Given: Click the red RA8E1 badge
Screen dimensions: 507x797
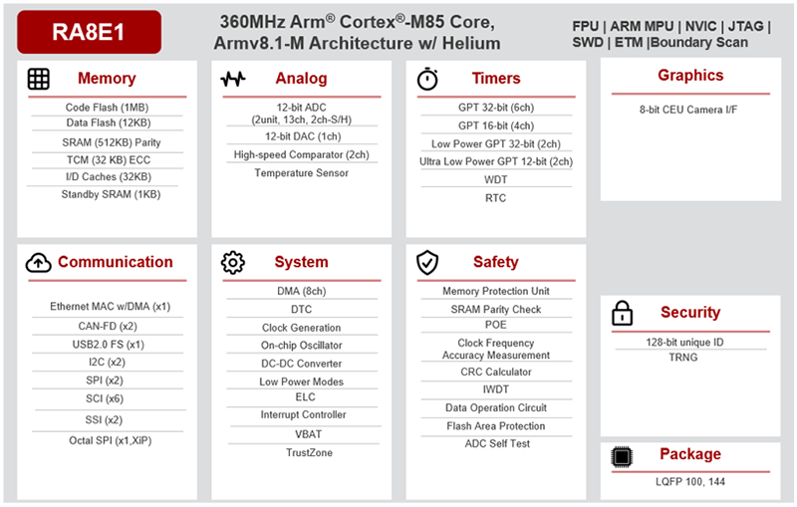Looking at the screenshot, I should [x=89, y=32].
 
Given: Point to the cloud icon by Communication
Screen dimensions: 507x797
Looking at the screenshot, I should [x=38, y=262].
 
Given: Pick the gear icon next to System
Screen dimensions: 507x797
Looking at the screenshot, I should [x=233, y=262].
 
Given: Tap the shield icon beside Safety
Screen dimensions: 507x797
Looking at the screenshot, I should [x=427, y=262].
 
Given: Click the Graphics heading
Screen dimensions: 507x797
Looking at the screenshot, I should [x=690, y=76].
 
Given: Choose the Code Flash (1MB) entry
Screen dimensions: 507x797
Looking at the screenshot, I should [x=106, y=107].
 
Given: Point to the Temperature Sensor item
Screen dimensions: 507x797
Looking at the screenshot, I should [x=301, y=172].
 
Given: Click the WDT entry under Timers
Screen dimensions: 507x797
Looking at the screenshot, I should [x=495, y=179].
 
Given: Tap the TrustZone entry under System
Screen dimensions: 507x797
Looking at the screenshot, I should [x=301, y=452].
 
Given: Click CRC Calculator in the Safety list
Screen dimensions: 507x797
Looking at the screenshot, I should [x=495, y=372].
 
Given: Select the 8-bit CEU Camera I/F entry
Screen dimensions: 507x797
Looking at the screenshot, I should [x=689, y=111].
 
